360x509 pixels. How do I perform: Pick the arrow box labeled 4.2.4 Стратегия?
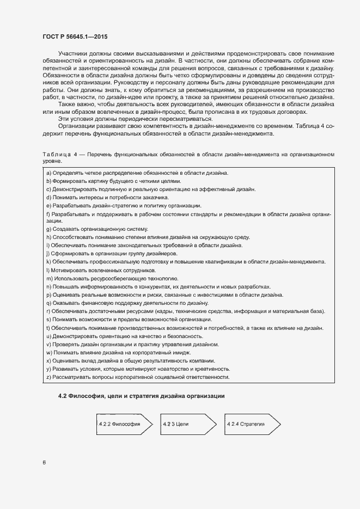[x=252, y=424]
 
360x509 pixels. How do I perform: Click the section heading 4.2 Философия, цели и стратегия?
[x=141, y=395]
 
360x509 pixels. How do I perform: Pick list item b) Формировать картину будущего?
[x=113, y=181]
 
